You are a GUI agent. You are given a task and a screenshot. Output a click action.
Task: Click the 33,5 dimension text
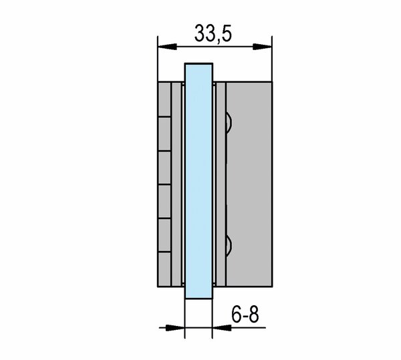pos(213,33)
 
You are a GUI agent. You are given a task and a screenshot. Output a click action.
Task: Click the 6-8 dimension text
pos(245,315)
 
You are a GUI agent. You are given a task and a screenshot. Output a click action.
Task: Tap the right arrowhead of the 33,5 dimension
pos(262,47)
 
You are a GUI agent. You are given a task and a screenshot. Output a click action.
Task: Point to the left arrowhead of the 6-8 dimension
pos(175,327)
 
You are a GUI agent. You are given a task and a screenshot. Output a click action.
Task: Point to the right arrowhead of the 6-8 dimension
pos(222,327)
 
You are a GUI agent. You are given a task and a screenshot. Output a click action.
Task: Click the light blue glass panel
pos(198,181)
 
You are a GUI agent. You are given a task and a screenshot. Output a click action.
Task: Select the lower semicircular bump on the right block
pos(229,246)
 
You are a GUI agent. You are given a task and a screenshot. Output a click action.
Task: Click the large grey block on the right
pos(249,184)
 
